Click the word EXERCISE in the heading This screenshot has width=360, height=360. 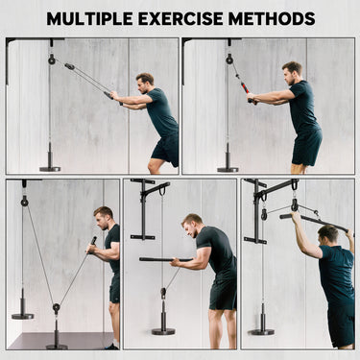coord(194,18)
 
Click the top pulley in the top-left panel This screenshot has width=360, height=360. coord(52,60)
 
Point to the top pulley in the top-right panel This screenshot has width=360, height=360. coord(229,60)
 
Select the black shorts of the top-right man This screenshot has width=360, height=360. coord(306,147)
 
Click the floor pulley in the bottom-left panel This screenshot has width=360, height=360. coord(57,309)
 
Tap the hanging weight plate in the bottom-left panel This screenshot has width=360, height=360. coord(23,314)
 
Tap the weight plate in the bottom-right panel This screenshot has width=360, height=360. coord(261,331)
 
